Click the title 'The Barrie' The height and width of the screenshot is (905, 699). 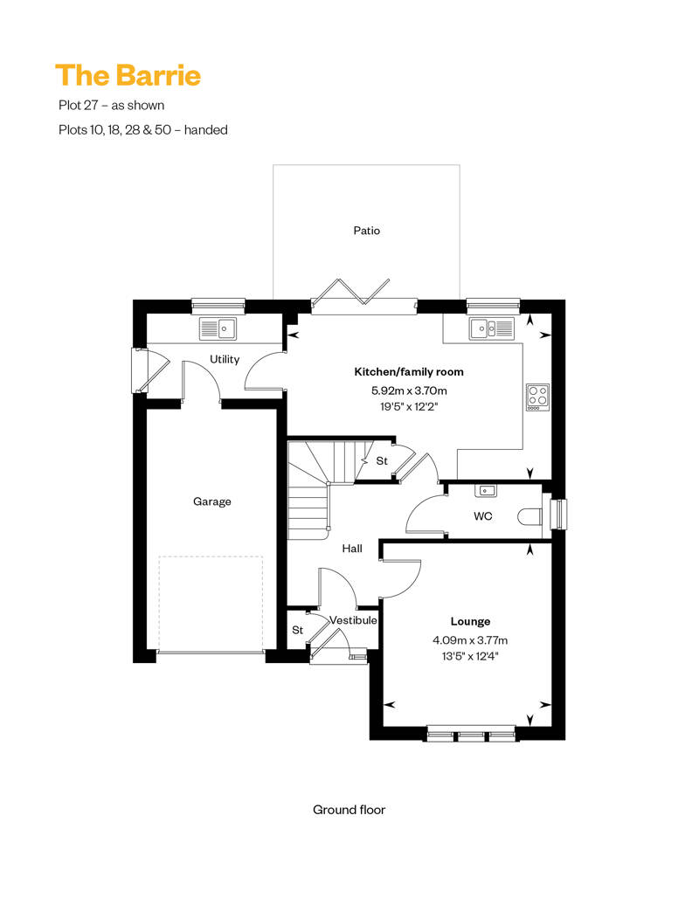[128, 76]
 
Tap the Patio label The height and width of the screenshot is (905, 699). [366, 231]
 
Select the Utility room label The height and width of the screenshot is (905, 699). [225, 359]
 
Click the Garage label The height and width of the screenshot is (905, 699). [211, 501]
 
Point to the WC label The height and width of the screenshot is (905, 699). [483, 516]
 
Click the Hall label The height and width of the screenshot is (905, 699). [352, 549]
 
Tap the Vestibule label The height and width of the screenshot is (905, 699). [353, 620]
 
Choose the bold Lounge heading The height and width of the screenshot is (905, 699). [470, 622]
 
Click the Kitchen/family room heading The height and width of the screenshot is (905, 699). [409, 372]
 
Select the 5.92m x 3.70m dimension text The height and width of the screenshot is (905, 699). [409, 390]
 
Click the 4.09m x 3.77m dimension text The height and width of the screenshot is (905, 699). [470, 640]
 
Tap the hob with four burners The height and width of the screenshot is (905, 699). [537, 397]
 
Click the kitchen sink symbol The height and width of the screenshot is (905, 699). [491, 328]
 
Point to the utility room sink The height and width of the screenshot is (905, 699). [218, 328]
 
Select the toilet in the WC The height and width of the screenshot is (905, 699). [529, 516]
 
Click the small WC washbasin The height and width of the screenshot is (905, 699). [486, 491]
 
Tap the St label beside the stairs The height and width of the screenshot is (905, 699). [382, 461]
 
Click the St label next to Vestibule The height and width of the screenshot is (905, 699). [297, 631]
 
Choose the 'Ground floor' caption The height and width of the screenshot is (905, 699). [349, 810]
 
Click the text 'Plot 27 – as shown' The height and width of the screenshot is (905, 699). [111, 105]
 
